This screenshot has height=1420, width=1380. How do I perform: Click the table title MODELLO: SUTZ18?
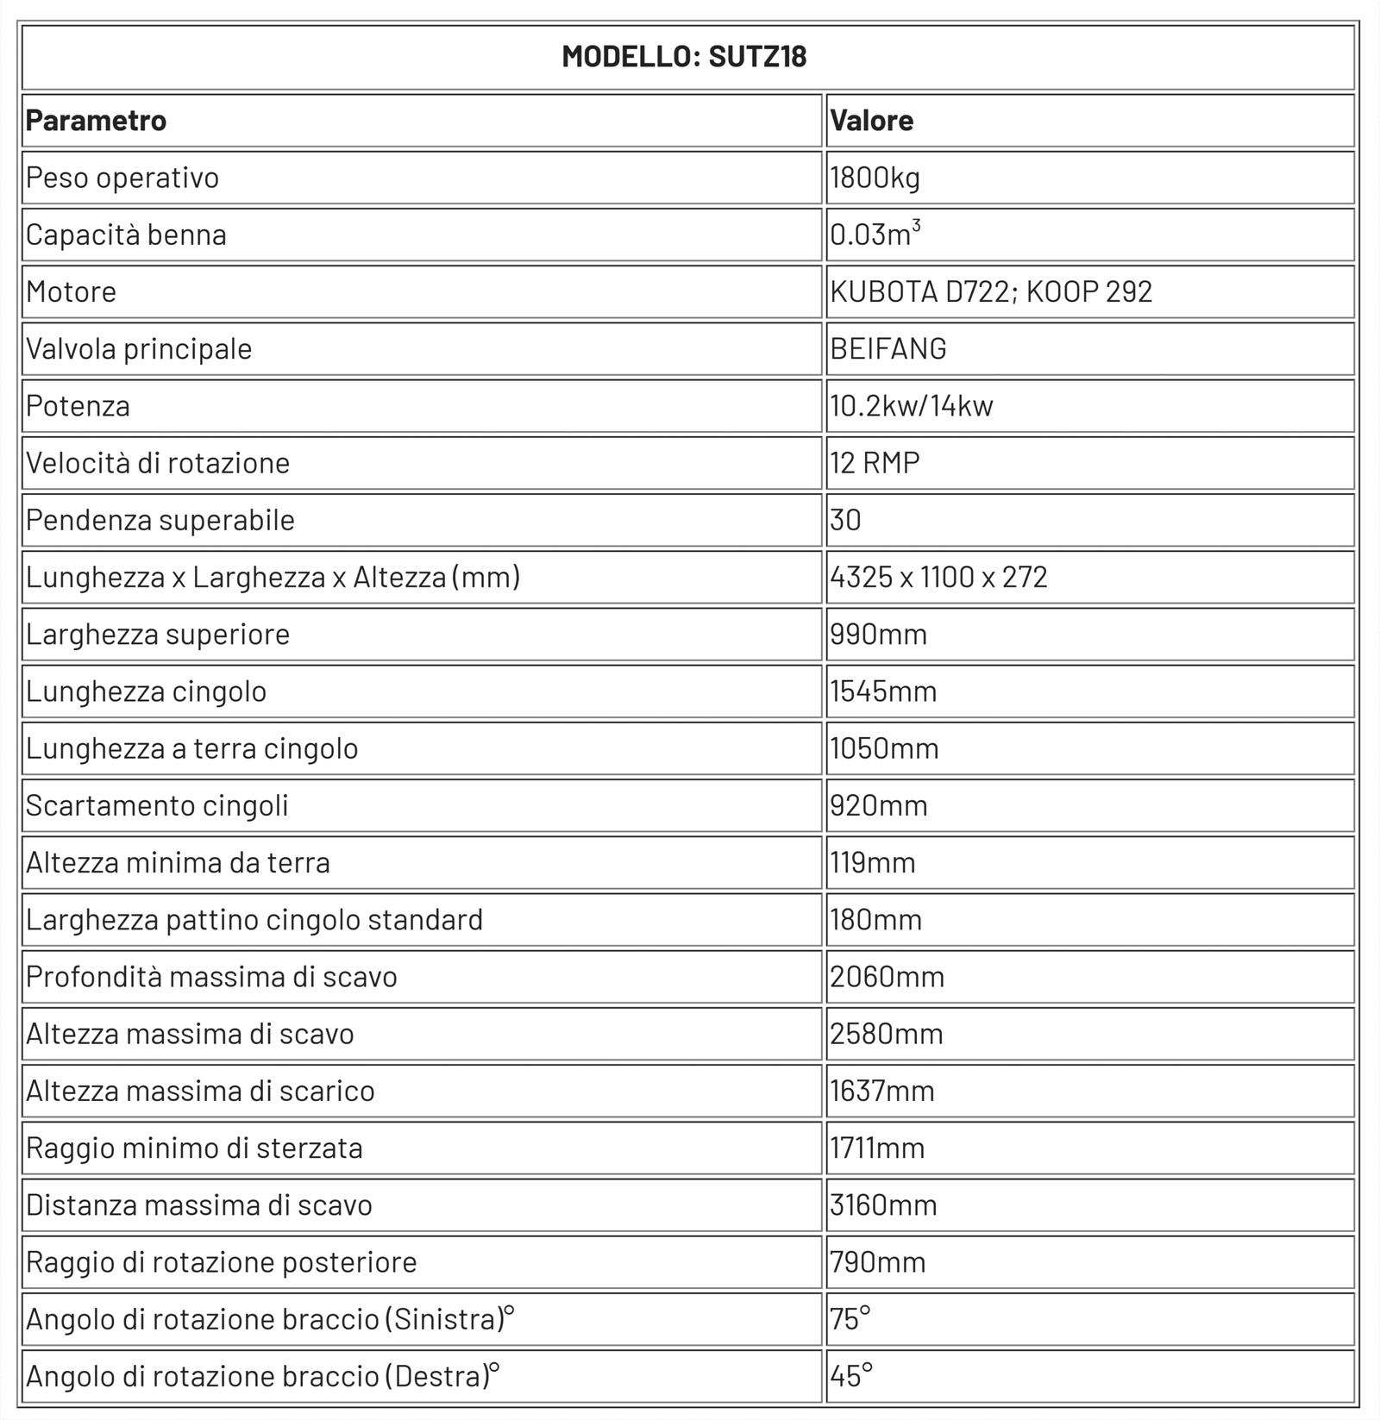684,57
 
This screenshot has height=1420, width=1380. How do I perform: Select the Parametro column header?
96,121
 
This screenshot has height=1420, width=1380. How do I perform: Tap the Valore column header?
871,121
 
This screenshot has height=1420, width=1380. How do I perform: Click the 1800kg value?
875,178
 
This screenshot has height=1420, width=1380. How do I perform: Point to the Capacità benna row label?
126,235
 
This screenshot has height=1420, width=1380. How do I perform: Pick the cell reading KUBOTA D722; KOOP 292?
991,292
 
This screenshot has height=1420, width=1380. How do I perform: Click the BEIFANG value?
888,349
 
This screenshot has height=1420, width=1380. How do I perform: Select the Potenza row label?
78,406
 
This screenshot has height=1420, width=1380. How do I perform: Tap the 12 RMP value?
875,463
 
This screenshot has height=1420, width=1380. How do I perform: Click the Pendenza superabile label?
160,521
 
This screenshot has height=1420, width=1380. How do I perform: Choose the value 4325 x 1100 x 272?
938,578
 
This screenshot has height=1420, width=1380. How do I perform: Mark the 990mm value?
878,635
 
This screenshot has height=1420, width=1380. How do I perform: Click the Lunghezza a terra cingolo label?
191,748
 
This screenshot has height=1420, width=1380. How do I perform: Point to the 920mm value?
879,806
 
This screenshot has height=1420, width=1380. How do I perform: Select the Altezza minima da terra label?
178,863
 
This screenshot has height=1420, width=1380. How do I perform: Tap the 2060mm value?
887,977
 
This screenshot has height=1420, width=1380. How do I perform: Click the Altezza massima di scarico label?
200,1092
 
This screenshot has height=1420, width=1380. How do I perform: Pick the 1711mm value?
877,1148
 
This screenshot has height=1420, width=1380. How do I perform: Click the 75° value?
850,1319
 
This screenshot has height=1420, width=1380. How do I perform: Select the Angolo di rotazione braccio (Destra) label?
262,1377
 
